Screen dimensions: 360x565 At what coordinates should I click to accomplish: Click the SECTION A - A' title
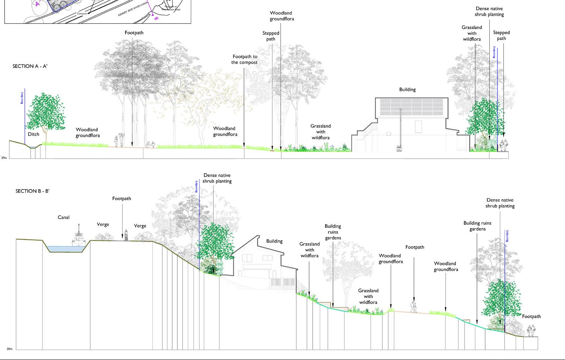[30, 66]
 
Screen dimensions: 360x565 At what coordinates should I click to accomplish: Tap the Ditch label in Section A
[33, 134]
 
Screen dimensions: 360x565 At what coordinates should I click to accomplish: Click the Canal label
[63, 217]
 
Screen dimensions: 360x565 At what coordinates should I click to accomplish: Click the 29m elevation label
[4, 158]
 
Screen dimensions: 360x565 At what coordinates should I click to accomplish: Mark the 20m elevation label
[9, 349]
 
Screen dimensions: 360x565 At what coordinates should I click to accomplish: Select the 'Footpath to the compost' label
[244, 60]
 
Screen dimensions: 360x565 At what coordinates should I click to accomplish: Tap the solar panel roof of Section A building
[411, 107]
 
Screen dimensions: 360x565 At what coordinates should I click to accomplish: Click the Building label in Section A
[407, 89]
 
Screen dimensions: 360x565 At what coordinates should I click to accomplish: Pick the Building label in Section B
[274, 241]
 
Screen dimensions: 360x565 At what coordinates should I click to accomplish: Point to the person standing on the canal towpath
[126, 235]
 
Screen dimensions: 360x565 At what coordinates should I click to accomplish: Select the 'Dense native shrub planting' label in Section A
[489, 12]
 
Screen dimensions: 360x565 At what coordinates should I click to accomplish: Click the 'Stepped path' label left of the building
[271, 36]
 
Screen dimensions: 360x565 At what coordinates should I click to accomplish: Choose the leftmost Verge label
[103, 224]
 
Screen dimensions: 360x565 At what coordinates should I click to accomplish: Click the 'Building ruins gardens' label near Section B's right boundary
[477, 226]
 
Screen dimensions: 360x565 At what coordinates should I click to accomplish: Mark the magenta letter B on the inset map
[156, 18]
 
